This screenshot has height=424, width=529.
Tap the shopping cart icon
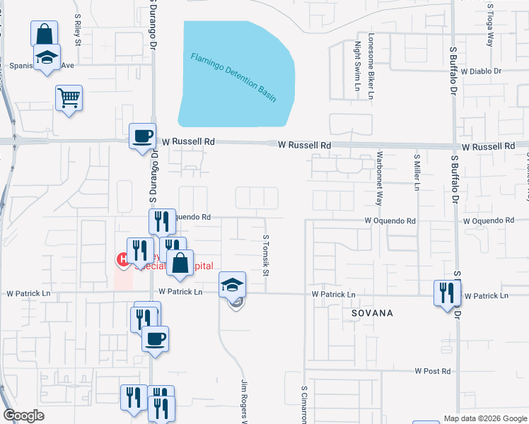[69, 98]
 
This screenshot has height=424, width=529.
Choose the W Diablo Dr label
[480, 71]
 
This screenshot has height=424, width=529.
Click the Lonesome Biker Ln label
[370, 66]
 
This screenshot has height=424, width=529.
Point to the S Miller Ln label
[417, 172]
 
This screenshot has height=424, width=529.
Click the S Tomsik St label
[267, 256]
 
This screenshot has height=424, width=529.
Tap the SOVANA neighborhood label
[367, 312]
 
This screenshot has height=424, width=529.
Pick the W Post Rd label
[432, 371]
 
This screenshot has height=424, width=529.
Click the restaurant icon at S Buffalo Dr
[447, 293]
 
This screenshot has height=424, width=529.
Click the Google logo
[23, 416]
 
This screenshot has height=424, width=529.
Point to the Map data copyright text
[484, 418]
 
